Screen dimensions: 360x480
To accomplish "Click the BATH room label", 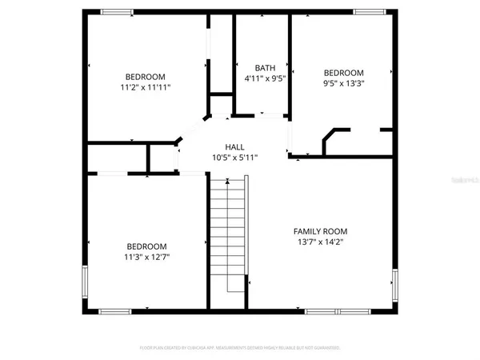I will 265,68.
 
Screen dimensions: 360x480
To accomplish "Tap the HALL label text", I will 234,147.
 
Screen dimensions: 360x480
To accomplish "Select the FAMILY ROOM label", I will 320,231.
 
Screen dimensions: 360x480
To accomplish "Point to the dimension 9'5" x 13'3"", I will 343,83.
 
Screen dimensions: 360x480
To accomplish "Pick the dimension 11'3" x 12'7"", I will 146,257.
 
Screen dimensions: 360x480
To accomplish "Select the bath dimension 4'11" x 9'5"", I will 265,79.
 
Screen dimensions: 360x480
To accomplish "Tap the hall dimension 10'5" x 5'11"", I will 234,158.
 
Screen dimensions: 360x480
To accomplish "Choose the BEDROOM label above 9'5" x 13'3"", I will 343,73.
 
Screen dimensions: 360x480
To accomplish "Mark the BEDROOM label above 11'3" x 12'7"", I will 146,246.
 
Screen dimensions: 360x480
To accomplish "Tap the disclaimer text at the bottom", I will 240,348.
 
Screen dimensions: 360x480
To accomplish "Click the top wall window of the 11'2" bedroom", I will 117,11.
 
